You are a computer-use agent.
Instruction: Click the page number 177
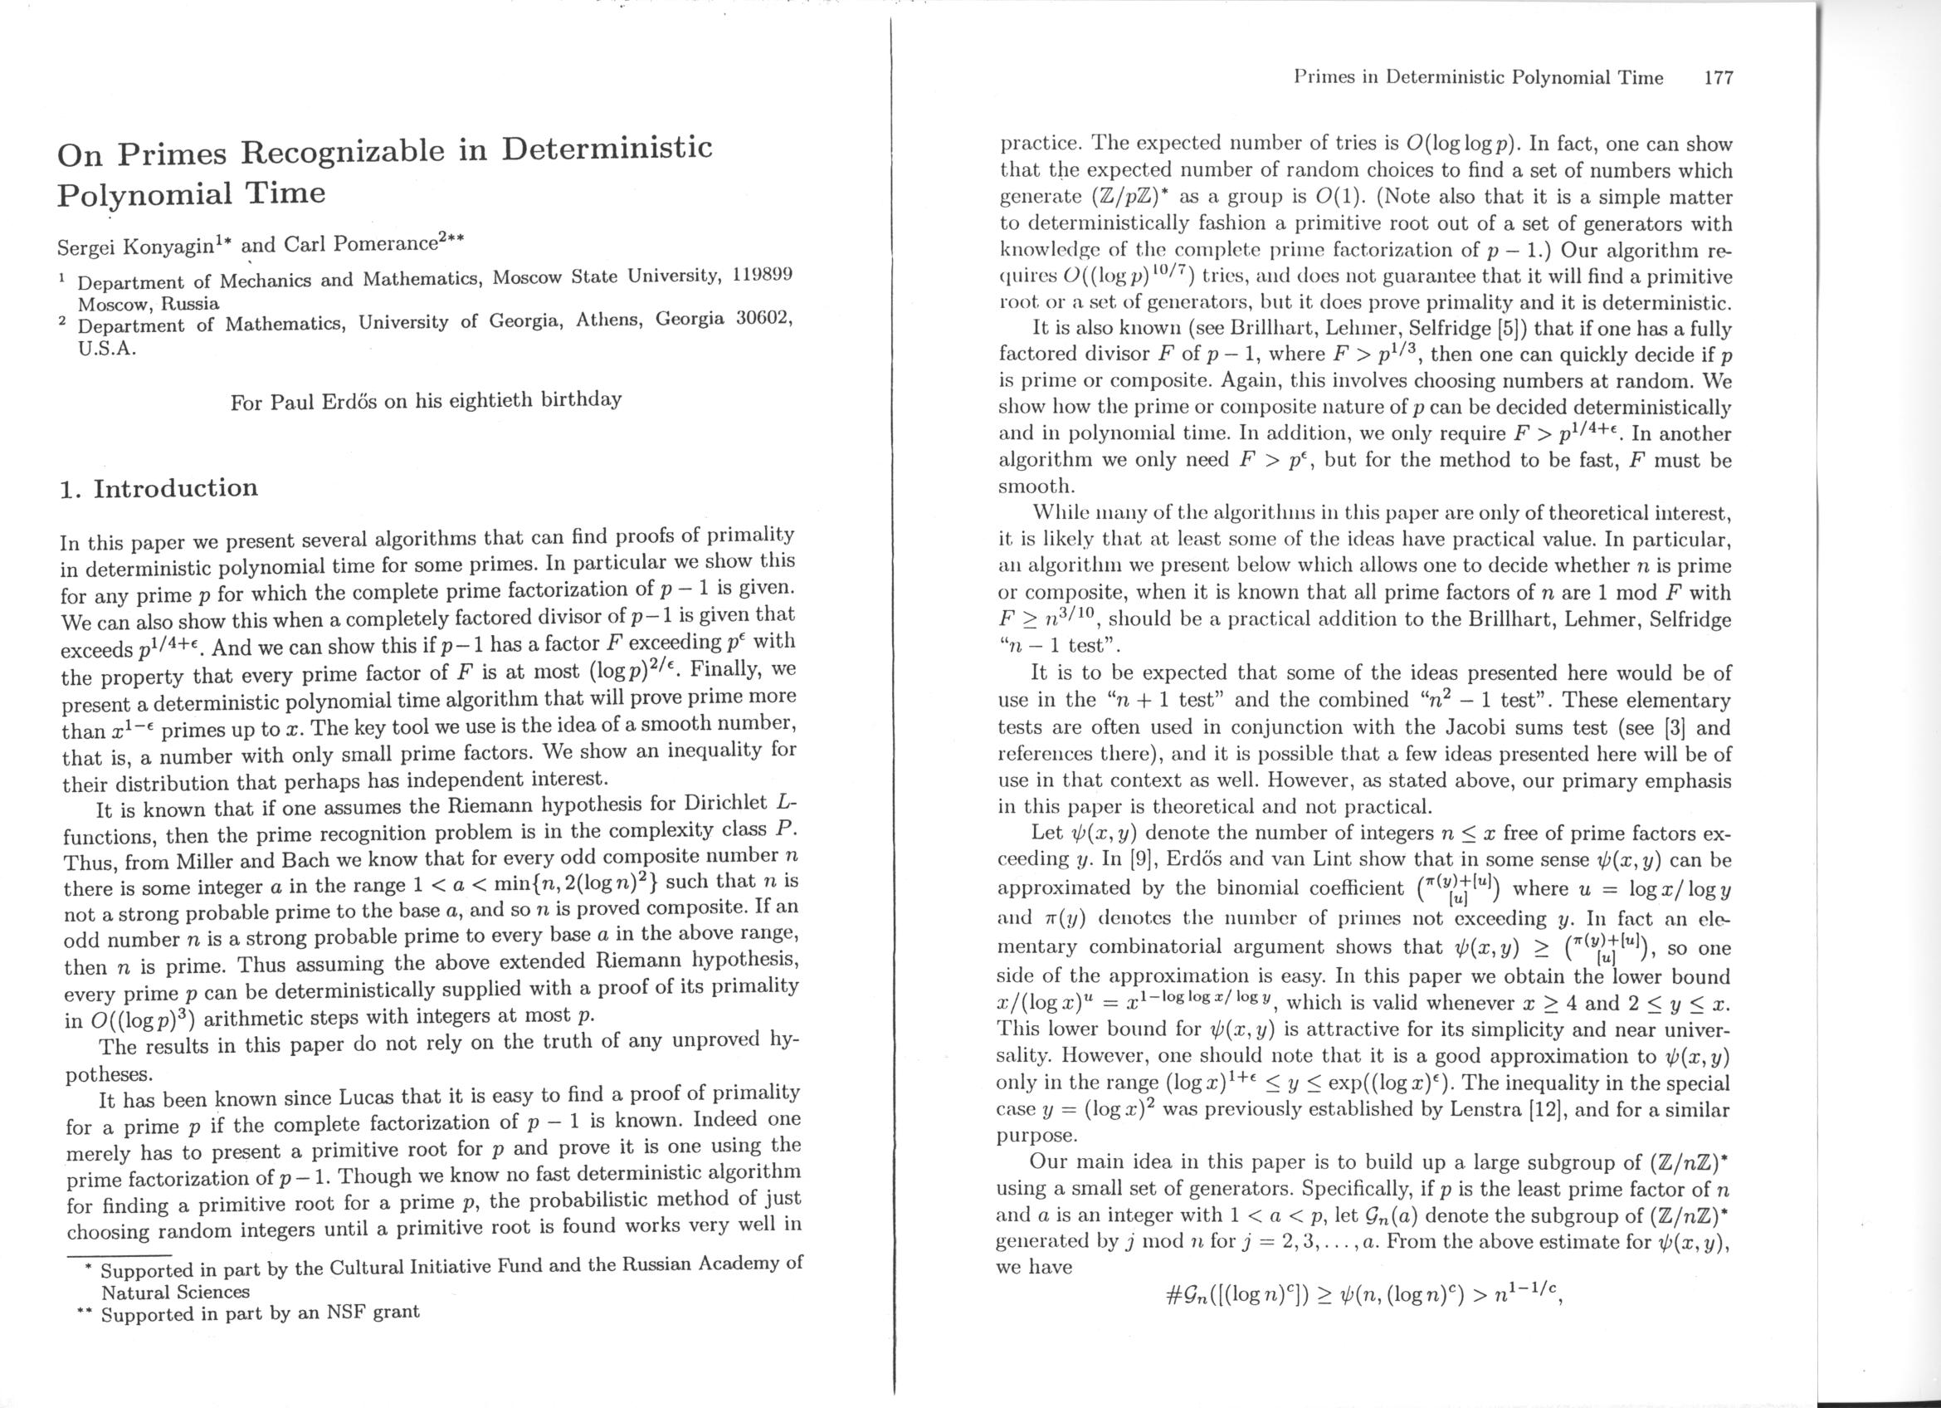(1719, 78)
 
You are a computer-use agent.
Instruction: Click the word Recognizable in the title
(363, 149)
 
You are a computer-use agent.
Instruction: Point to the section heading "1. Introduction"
(158, 488)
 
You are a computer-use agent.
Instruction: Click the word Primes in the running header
(1323, 78)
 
